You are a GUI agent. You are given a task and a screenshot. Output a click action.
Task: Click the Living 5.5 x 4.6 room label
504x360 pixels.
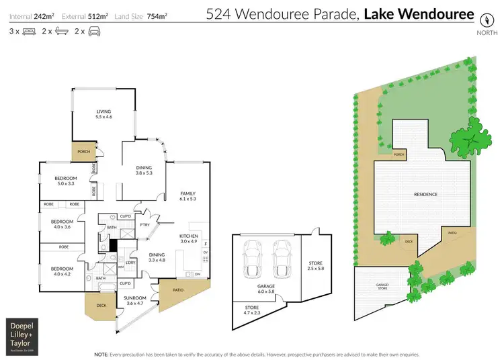pos(103,114)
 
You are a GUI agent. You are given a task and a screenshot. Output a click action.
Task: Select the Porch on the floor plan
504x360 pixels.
pos(84,152)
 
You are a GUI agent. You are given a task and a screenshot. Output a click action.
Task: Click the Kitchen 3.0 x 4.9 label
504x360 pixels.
pos(188,239)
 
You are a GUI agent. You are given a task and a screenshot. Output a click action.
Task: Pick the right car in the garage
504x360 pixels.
pos(280,258)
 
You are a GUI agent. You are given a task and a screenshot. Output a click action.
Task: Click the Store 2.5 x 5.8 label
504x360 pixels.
pos(315,265)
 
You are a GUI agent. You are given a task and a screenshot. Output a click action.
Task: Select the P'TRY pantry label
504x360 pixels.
pos(144,225)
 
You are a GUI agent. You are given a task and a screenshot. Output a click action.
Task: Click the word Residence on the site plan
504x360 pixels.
pos(426,194)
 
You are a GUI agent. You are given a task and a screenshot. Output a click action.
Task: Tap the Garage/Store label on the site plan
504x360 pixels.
pos(384,287)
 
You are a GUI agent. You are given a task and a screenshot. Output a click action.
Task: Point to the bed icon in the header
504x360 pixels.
pos(29,31)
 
